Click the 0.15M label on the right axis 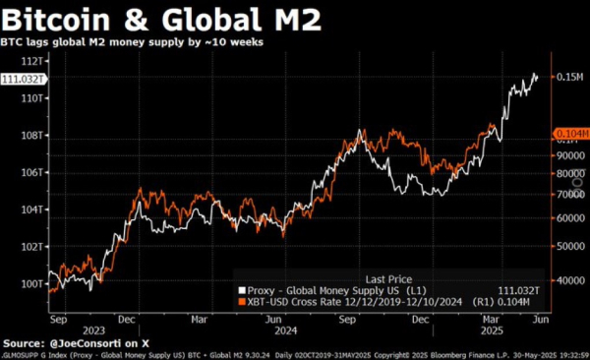[567, 77]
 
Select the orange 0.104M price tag [568, 132]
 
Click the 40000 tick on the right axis [564, 280]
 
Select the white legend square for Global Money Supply [240, 290]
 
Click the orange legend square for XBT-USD [240, 303]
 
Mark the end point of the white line [537, 76]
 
